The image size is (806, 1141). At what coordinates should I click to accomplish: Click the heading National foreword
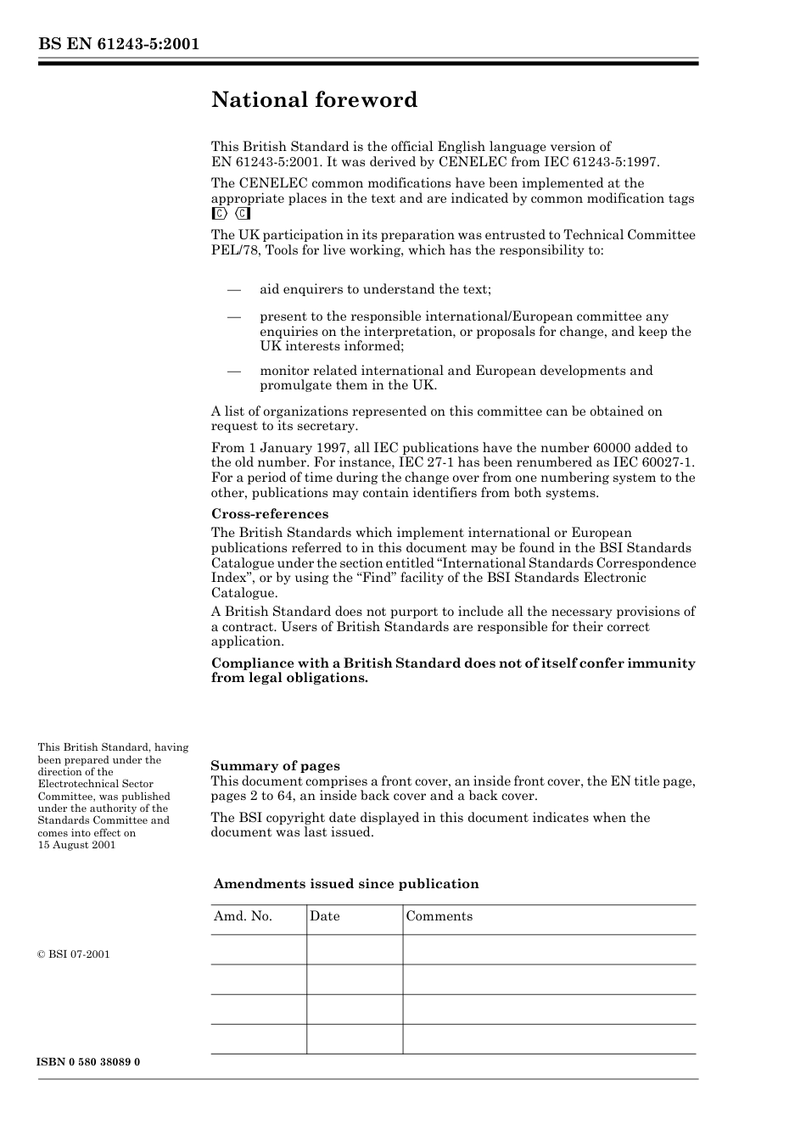tap(314, 100)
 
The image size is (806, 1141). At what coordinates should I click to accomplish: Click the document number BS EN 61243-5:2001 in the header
tap(118, 44)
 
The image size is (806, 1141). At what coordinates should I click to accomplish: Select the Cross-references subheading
tap(269, 514)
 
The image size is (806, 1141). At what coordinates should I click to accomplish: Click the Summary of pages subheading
tap(275, 766)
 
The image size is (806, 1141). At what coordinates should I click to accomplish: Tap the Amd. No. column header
tap(243, 916)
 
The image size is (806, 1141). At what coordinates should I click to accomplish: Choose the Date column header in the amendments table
tap(324, 916)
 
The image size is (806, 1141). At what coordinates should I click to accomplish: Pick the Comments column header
tap(439, 916)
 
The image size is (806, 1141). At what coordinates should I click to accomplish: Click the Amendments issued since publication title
tap(346, 884)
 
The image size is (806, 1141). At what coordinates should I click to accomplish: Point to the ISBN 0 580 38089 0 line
tap(89, 1062)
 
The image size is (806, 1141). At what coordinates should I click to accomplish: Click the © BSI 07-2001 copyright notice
tap(74, 954)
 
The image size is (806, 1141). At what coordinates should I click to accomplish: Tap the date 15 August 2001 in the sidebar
tap(76, 845)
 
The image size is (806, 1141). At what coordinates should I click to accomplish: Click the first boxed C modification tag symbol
tap(219, 214)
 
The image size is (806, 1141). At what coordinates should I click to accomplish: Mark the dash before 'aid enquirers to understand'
tap(234, 290)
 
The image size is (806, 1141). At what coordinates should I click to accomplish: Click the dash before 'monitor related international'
tap(234, 371)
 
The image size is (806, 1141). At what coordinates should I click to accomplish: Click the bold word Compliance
tap(251, 663)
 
